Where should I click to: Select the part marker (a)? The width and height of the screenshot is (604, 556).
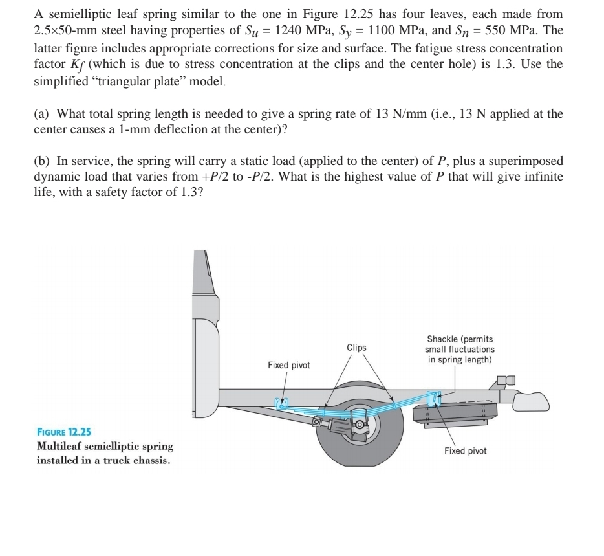coord(42,114)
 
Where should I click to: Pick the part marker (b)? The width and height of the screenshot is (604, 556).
coord(42,161)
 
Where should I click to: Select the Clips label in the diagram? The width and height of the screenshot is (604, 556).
coord(356,348)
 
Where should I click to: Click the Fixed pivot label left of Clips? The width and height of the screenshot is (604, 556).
coord(288,366)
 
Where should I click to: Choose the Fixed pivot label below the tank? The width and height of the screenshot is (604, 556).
coord(465,451)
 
